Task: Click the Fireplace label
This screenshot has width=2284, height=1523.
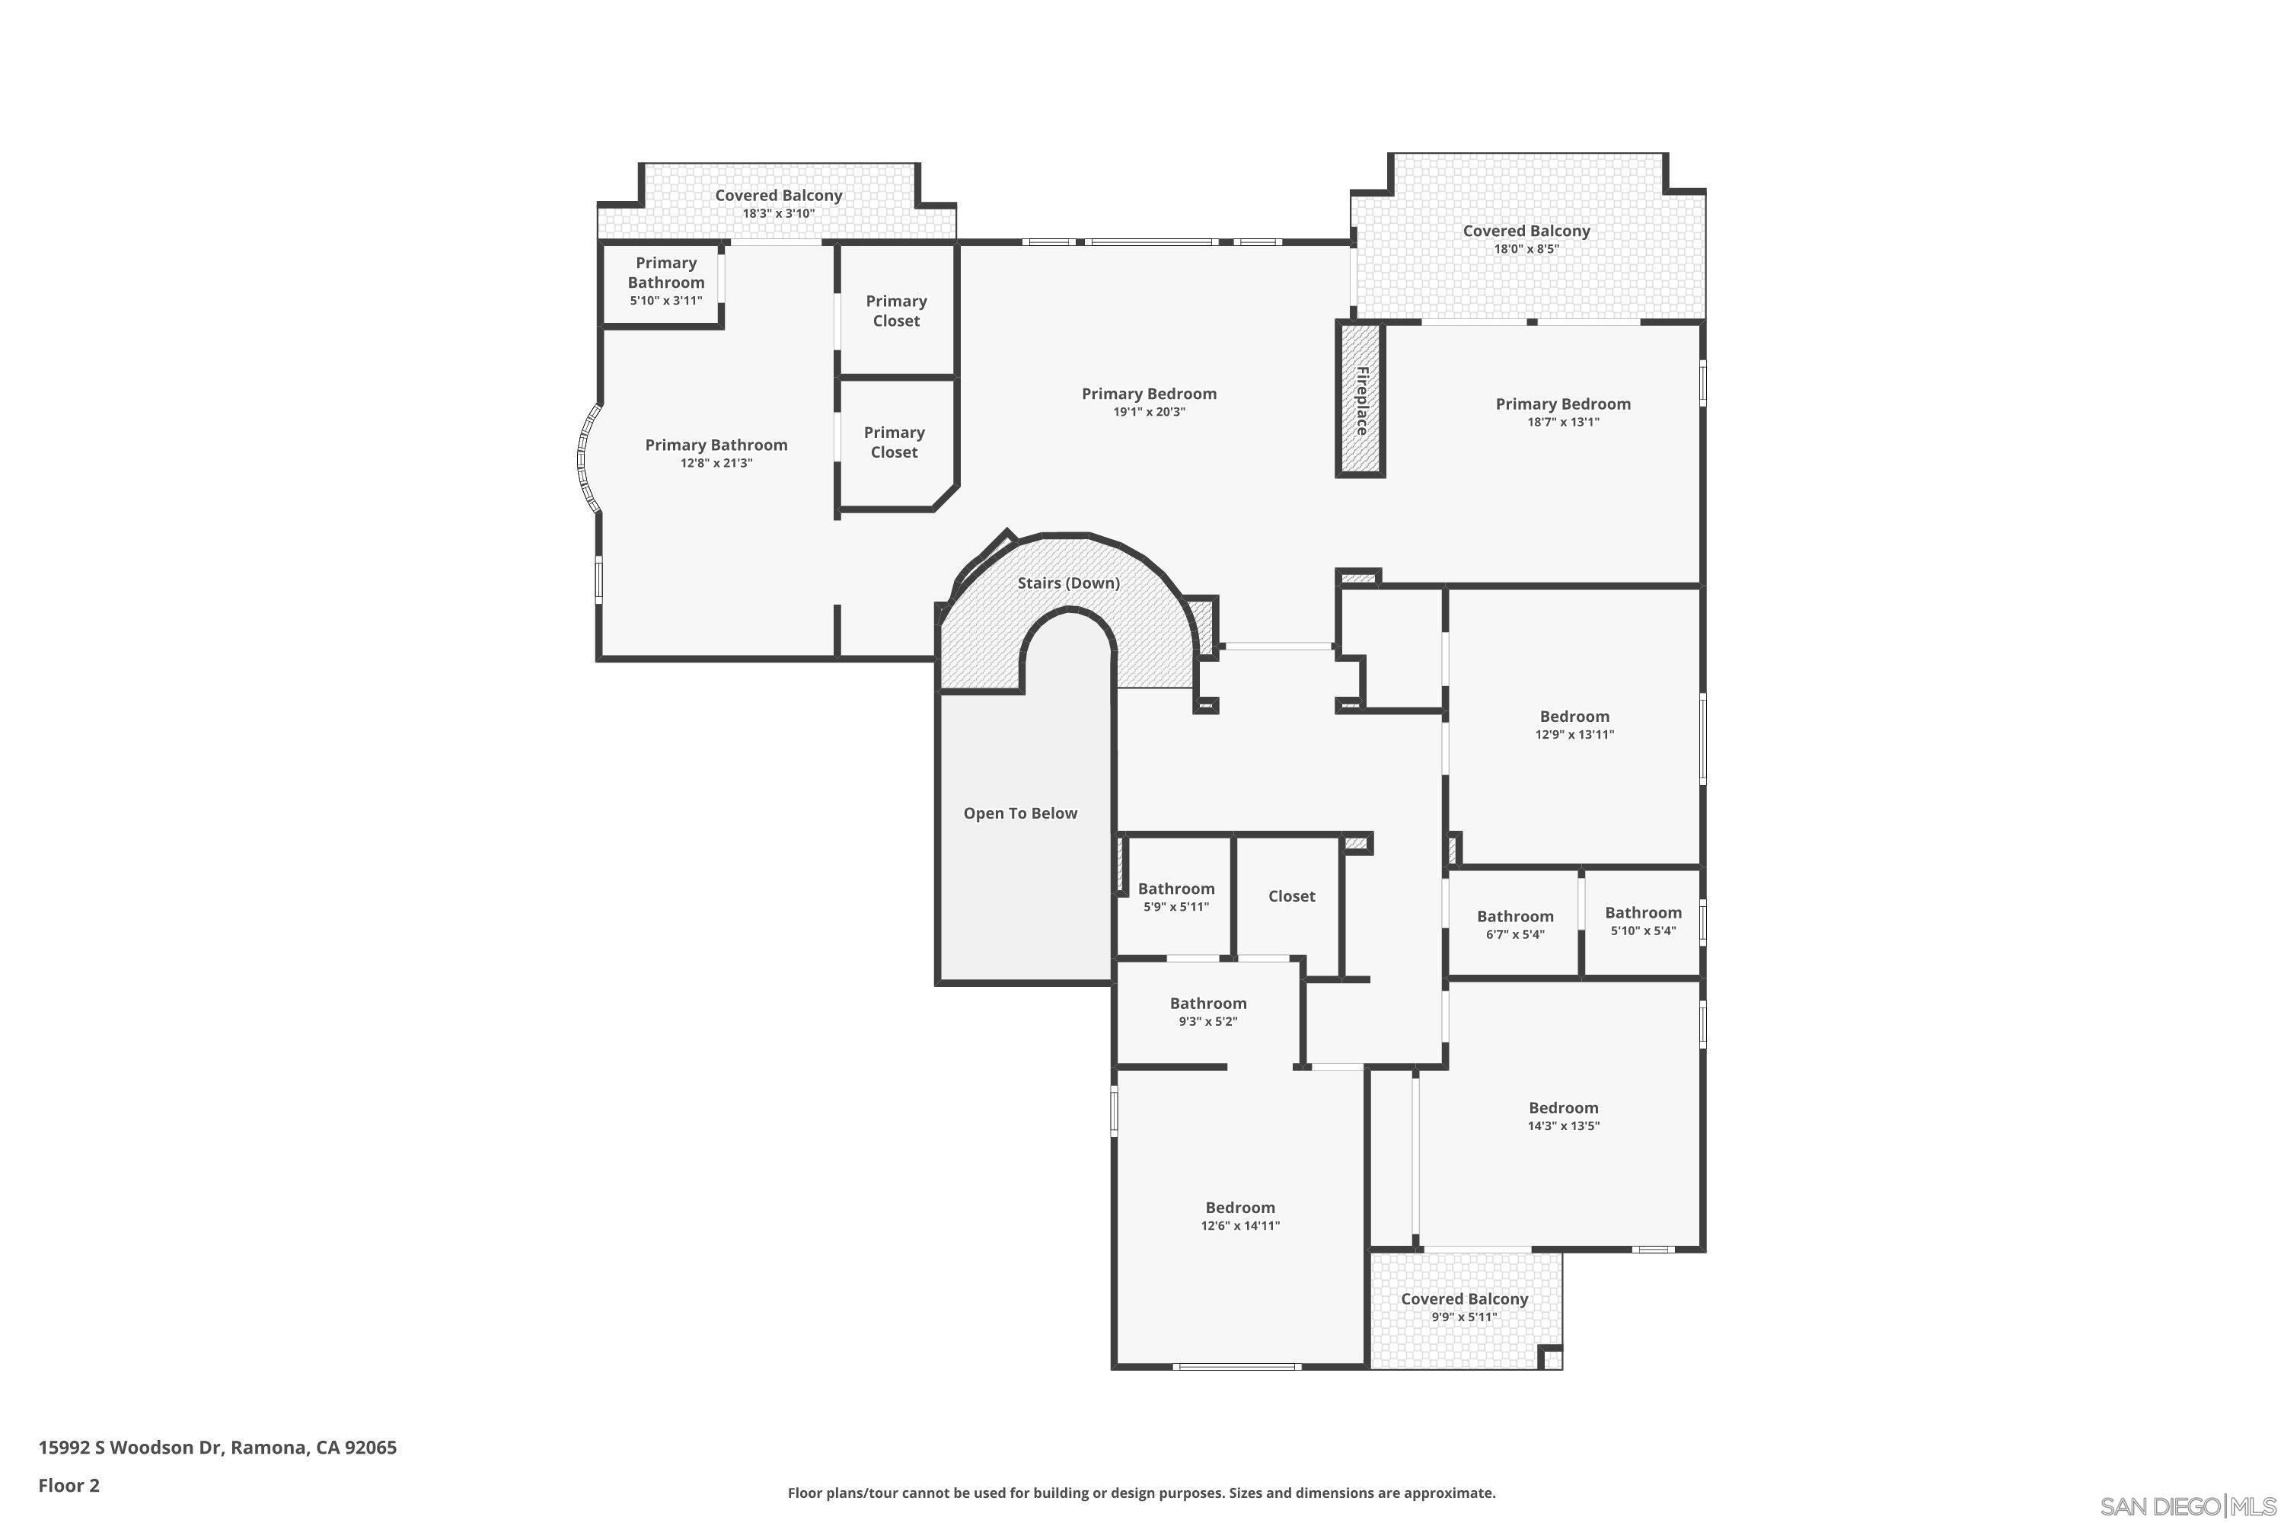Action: (x=1361, y=401)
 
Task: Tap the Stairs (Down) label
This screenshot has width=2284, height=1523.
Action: (x=1068, y=583)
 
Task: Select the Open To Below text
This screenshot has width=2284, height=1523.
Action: (x=1019, y=813)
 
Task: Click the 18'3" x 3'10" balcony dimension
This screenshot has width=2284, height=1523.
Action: (x=778, y=214)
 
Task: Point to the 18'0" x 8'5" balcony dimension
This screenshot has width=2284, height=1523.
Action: (x=1526, y=249)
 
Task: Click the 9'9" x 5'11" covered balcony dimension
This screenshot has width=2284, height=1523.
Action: (x=1463, y=1317)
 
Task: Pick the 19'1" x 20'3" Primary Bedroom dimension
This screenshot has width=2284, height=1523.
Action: (x=1149, y=412)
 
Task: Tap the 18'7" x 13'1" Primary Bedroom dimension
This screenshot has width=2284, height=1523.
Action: (x=1562, y=422)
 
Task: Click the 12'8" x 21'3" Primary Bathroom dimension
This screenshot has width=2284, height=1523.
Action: (x=716, y=463)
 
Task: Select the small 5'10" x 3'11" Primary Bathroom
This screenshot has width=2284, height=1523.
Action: (x=665, y=282)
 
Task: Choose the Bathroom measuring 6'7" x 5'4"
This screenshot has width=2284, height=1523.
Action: (x=1515, y=924)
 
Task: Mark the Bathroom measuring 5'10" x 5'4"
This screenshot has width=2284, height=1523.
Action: (x=1643, y=920)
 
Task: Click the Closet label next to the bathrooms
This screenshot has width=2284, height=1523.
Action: (x=1290, y=896)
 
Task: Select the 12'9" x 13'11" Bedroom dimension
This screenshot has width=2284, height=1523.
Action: (x=1574, y=734)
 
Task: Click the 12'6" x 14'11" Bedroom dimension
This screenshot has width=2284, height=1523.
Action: (x=1240, y=1226)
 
